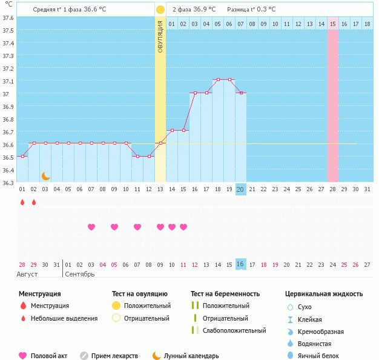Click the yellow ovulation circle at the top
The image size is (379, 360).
pos(160,10)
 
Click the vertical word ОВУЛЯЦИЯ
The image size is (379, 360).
pos(160,36)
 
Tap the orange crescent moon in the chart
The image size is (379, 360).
pos(45,176)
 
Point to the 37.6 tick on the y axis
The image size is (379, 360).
pos(8,18)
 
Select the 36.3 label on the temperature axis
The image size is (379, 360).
pos(8,183)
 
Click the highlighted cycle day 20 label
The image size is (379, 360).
pos(240,189)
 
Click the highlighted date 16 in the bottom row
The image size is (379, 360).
pos(240,264)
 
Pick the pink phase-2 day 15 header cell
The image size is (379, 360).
pos(333,24)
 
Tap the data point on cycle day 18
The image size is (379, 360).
pos(217,79)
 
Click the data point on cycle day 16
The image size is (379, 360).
pos(194,93)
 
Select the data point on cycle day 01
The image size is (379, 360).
pos(22,156)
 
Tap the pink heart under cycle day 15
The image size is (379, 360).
pos(183,227)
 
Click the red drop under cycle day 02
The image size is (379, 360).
pos(33,203)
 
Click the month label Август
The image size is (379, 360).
pos(28,275)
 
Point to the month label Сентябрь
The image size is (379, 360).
pos(79,275)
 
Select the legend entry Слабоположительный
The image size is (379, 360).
pos(234,330)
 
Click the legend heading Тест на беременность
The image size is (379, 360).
pos(225,293)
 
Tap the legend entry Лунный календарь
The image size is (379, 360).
pos(192,356)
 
